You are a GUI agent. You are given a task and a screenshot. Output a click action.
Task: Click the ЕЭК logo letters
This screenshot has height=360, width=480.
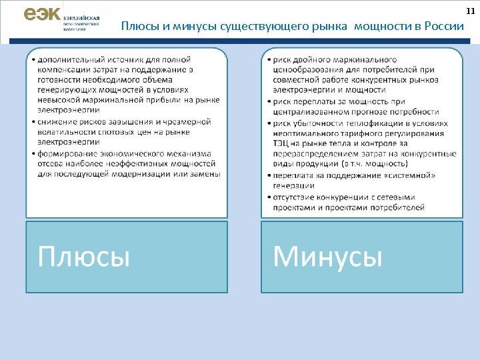coord(41,14)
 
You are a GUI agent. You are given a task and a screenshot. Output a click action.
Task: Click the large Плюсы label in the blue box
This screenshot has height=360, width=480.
coord(84,256)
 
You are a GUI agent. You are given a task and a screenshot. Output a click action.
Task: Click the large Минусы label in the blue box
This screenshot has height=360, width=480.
coord(328,256)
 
